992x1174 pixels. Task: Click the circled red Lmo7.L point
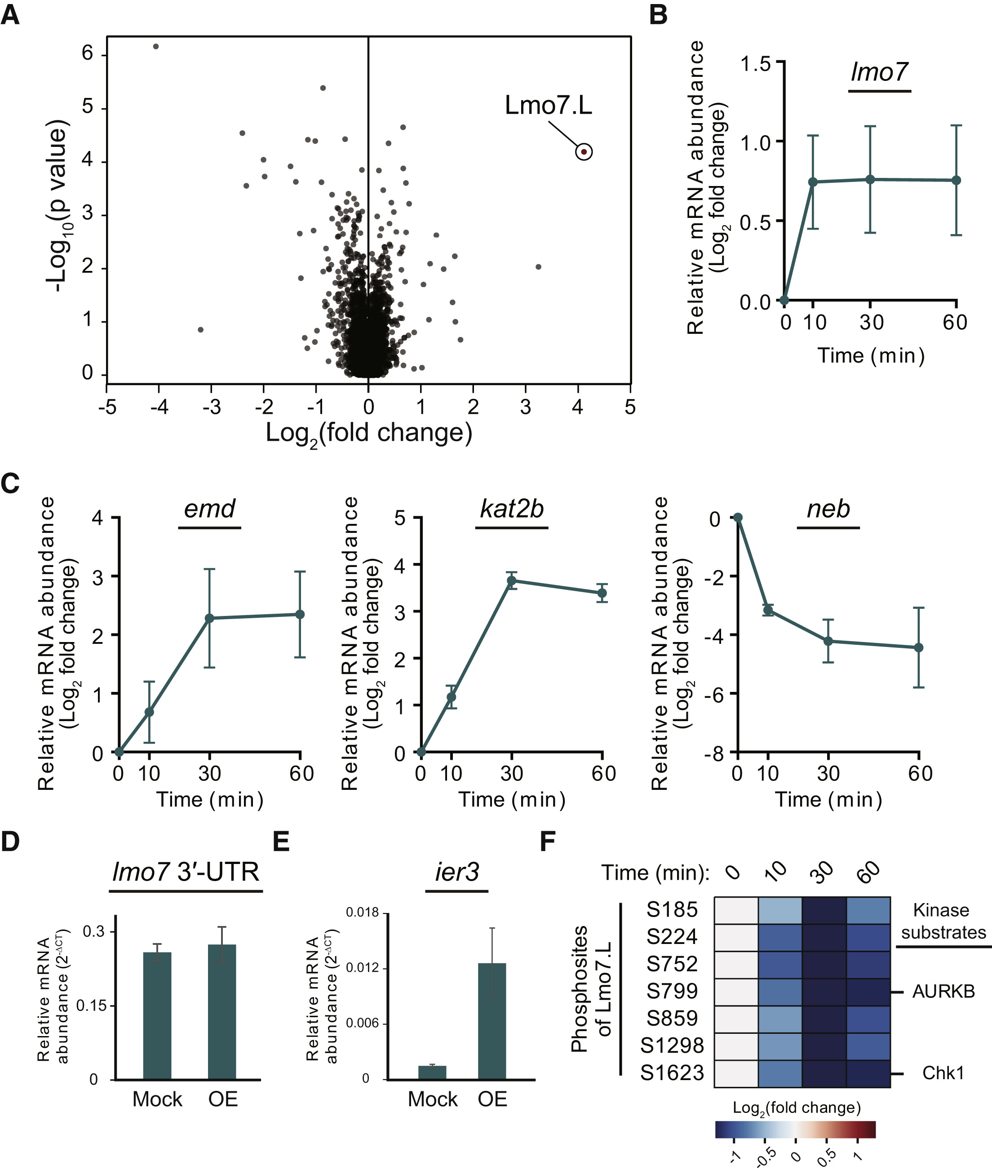pyautogui.click(x=584, y=152)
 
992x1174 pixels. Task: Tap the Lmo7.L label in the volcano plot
pyautogui.click(x=548, y=105)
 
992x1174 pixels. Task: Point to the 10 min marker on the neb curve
pyautogui.click(x=768, y=610)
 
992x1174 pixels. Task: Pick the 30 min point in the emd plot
pyautogui.click(x=209, y=618)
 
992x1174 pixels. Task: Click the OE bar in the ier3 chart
pyautogui.click(x=492, y=1021)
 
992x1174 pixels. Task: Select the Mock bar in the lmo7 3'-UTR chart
pyautogui.click(x=157, y=1015)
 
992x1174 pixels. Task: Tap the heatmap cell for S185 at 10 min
pyautogui.click(x=780, y=910)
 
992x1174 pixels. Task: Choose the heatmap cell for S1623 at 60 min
pyautogui.click(x=868, y=1073)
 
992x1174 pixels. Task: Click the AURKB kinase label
pyautogui.click(x=943, y=991)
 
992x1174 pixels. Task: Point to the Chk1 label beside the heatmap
pyautogui.click(x=943, y=1073)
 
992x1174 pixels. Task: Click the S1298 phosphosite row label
pyautogui.click(x=672, y=1045)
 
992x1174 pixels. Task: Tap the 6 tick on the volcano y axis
pyautogui.click(x=88, y=53)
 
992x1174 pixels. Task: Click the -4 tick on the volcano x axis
pyautogui.click(x=159, y=407)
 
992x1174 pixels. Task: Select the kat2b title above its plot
pyautogui.click(x=512, y=509)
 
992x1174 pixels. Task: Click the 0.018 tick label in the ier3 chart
pyautogui.click(x=362, y=913)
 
